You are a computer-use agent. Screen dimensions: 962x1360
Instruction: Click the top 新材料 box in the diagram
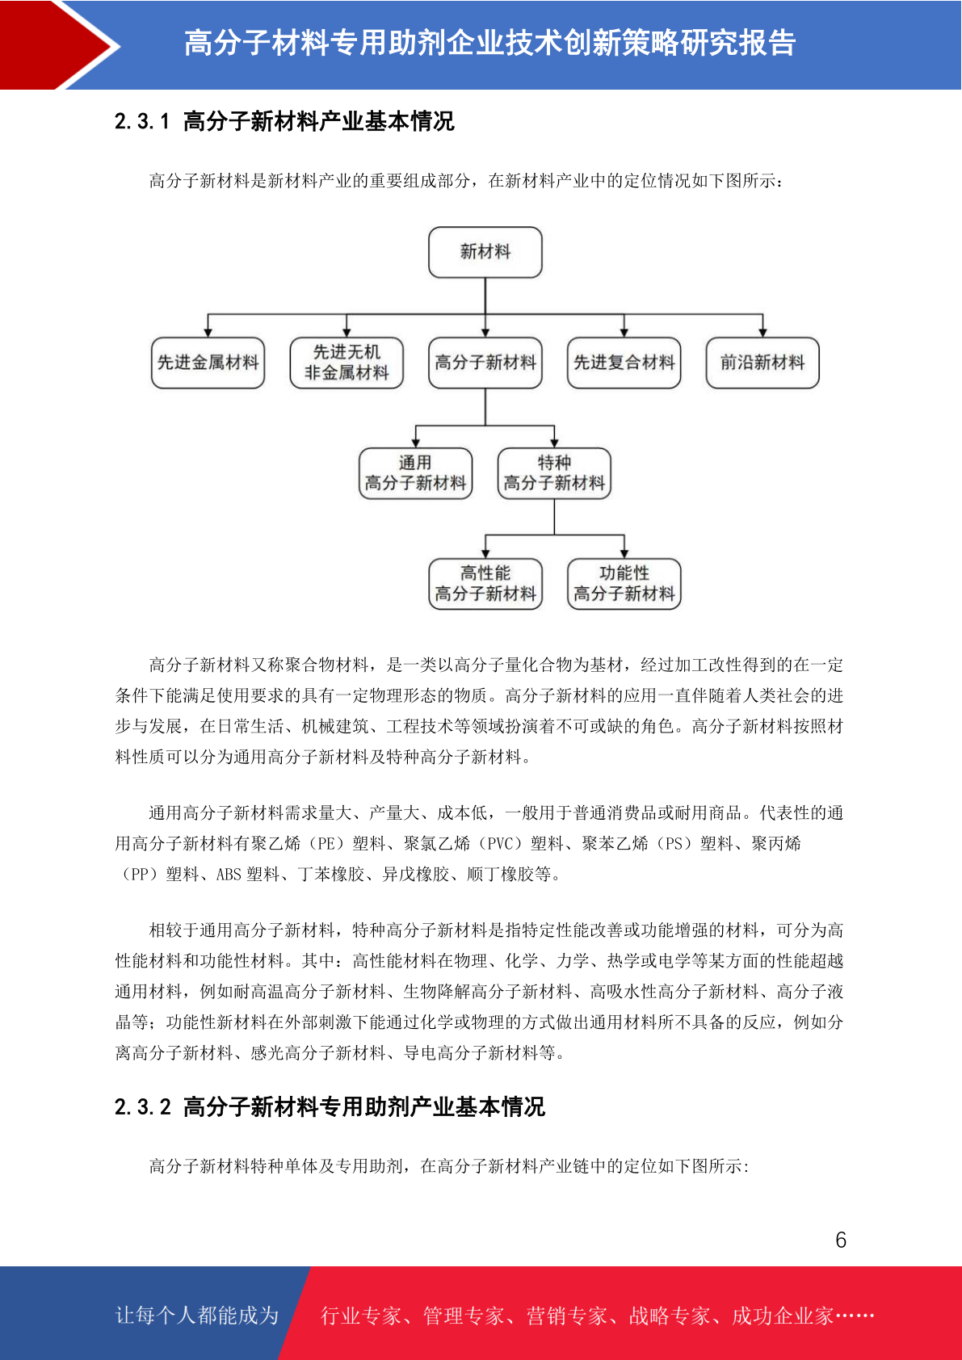(x=485, y=252)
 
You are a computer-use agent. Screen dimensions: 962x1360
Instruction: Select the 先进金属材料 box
(x=208, y=363)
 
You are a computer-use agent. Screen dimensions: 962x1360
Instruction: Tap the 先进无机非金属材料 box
(x=347, y=363)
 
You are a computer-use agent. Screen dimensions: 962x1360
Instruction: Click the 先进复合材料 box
(x=624, y=363)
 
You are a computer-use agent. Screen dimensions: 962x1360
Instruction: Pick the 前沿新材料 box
(x=762, y=363)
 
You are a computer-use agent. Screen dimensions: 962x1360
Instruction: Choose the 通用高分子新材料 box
(x=415, y=473)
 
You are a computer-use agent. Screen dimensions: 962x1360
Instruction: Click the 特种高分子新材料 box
(x=554, y=473)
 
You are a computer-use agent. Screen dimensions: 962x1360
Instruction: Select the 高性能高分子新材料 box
(x=485, y=583)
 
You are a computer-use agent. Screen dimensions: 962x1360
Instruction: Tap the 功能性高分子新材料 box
(x=624, y=583)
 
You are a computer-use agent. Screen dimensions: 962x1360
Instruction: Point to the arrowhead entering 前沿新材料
(x=762, y=333)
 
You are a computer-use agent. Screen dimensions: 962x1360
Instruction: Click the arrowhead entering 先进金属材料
(x=208, y=333)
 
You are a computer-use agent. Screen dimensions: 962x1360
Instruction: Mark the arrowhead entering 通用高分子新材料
(x=415, y=443)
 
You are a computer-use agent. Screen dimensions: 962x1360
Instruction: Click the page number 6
(x=841, y=1240)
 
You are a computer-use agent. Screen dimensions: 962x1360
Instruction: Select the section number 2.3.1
(x=141, y=121)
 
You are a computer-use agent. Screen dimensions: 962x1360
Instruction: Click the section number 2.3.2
(x=142, y=1107)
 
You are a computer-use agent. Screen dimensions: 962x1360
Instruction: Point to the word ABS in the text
(x=229, y=875)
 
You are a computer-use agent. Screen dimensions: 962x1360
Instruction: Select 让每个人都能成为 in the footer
(x=197, y=1315)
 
